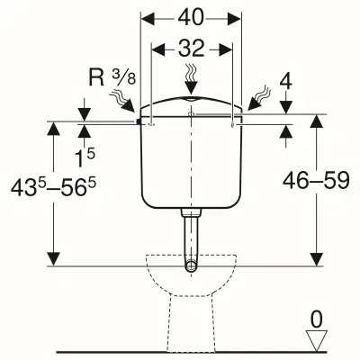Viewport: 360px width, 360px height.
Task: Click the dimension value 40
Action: pyautogui.click(x=191, y=17)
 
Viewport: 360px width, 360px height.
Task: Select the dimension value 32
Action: pyautogui.click(x=191, y=48)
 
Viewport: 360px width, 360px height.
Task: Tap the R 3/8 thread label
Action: pyautogui.click(x=112, y=77)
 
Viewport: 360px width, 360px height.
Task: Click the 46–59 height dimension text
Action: pyautogui.click(x=316, y=181)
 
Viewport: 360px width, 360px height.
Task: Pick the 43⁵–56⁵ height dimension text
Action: pyautogui.click(x=53, y=188)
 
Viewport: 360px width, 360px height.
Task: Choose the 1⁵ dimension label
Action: pyautogui.click(x=85, y=158)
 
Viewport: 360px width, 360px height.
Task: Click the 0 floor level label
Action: pyautogui.click(x=317, y=319)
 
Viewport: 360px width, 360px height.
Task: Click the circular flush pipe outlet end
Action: pyautogui.click(x=191, y=265)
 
